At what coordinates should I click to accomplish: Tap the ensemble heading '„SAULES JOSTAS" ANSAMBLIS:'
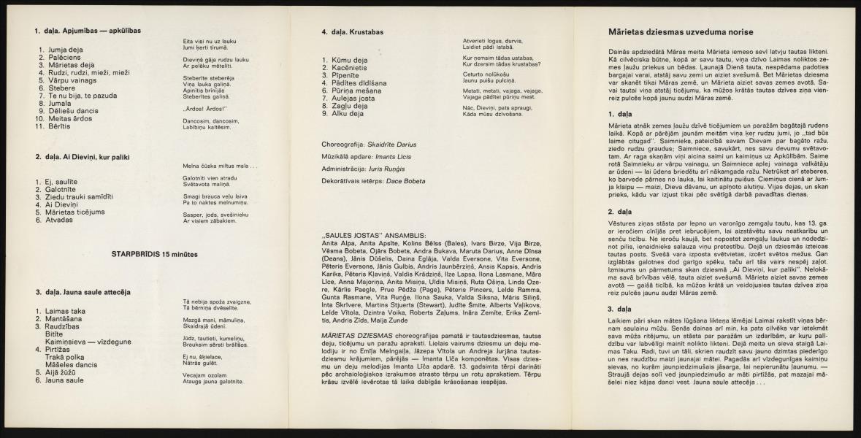click(x=370, y=235)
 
